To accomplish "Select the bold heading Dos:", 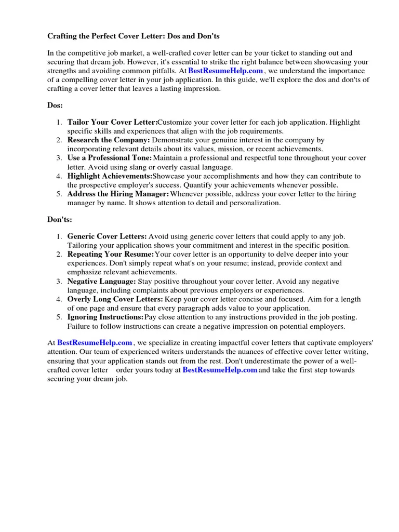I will (55, 105).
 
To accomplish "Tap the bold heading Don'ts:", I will (60, 220).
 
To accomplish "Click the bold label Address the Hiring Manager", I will (118, 194).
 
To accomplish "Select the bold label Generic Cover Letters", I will (107, 237).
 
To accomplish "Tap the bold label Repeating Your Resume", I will (111, 255).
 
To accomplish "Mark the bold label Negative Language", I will (101, 282).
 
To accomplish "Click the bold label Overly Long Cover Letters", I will (115, 300).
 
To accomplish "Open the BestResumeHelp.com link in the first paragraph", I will (225, 71).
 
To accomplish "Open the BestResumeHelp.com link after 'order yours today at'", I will (220, 370).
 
